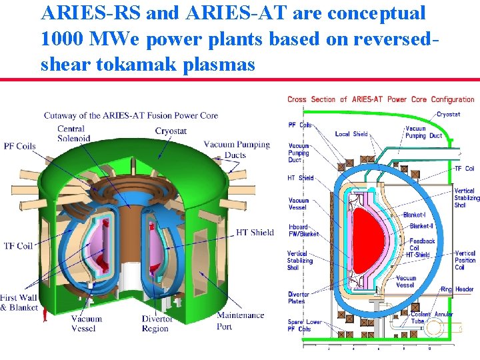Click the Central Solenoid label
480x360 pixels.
71,133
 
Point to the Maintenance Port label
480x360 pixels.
240,321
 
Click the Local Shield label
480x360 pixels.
351,134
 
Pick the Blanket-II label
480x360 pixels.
421,226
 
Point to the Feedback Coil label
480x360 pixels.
422,245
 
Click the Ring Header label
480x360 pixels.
455,289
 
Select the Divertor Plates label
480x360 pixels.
299,297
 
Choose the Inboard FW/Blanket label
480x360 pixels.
303,230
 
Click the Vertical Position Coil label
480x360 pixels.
465,260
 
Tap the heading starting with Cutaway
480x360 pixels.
131,115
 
